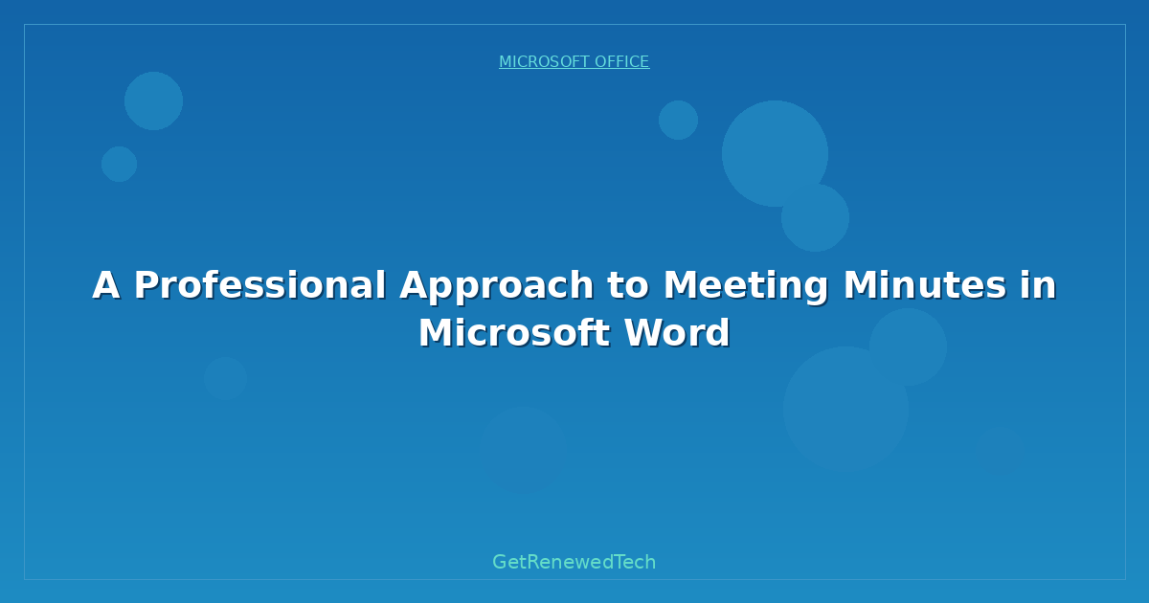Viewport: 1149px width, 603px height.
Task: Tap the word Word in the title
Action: [x=677, y=333]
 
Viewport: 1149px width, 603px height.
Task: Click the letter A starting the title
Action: [x=106, y=285]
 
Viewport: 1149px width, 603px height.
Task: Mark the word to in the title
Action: [x=627, y=285]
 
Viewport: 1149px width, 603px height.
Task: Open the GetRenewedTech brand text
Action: [x=574, y=563]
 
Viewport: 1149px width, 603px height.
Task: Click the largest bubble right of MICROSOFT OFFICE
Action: [x=775, y=153]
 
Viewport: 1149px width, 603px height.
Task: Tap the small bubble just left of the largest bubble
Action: [x=678, y=120]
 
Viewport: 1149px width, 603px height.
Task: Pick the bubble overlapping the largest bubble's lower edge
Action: [x=815, y=217]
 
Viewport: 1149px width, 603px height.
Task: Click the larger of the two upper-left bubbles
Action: [x=153, y=100]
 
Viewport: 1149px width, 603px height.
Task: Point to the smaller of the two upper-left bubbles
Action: [x=119, y=164]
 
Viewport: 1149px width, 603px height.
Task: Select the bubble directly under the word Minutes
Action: [x=908, y=346]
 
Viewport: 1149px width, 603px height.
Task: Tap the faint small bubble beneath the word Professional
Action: [x=225, y=378]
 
